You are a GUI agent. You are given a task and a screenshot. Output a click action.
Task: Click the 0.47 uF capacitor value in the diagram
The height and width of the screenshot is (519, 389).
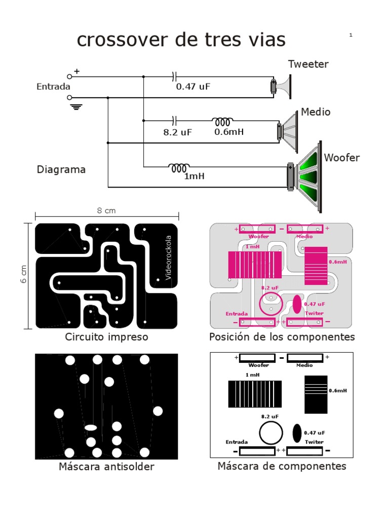click(x=192, y=87)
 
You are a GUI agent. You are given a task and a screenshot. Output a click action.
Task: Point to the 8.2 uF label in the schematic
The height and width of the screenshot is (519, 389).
click(x=177, y=132)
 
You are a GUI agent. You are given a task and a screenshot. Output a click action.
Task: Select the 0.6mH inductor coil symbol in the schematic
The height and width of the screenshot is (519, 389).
click(x=223, y=122)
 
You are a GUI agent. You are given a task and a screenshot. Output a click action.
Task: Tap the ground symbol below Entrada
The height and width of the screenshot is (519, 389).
click(x=76, y=107)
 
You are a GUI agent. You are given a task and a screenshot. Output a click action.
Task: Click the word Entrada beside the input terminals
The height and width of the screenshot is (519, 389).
click(x=53, y=87)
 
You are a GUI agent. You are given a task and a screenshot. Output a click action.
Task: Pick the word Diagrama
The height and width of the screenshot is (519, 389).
click(x=61, y=170)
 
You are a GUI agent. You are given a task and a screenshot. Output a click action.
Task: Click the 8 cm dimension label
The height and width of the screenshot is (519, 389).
click(x=106, y=211)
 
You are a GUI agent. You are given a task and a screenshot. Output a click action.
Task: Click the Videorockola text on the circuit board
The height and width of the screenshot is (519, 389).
click(x=169, y=257)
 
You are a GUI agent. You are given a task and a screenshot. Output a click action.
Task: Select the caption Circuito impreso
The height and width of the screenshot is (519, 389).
click(x=106, y=337)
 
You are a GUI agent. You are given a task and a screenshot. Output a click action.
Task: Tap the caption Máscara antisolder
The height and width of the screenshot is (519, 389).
click(x=106, y=467)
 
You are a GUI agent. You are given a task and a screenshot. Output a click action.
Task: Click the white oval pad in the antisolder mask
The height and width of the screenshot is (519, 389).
click(x=91, y=427)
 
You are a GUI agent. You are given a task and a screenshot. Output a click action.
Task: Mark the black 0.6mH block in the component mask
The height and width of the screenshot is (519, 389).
click(x=316, y=394)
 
